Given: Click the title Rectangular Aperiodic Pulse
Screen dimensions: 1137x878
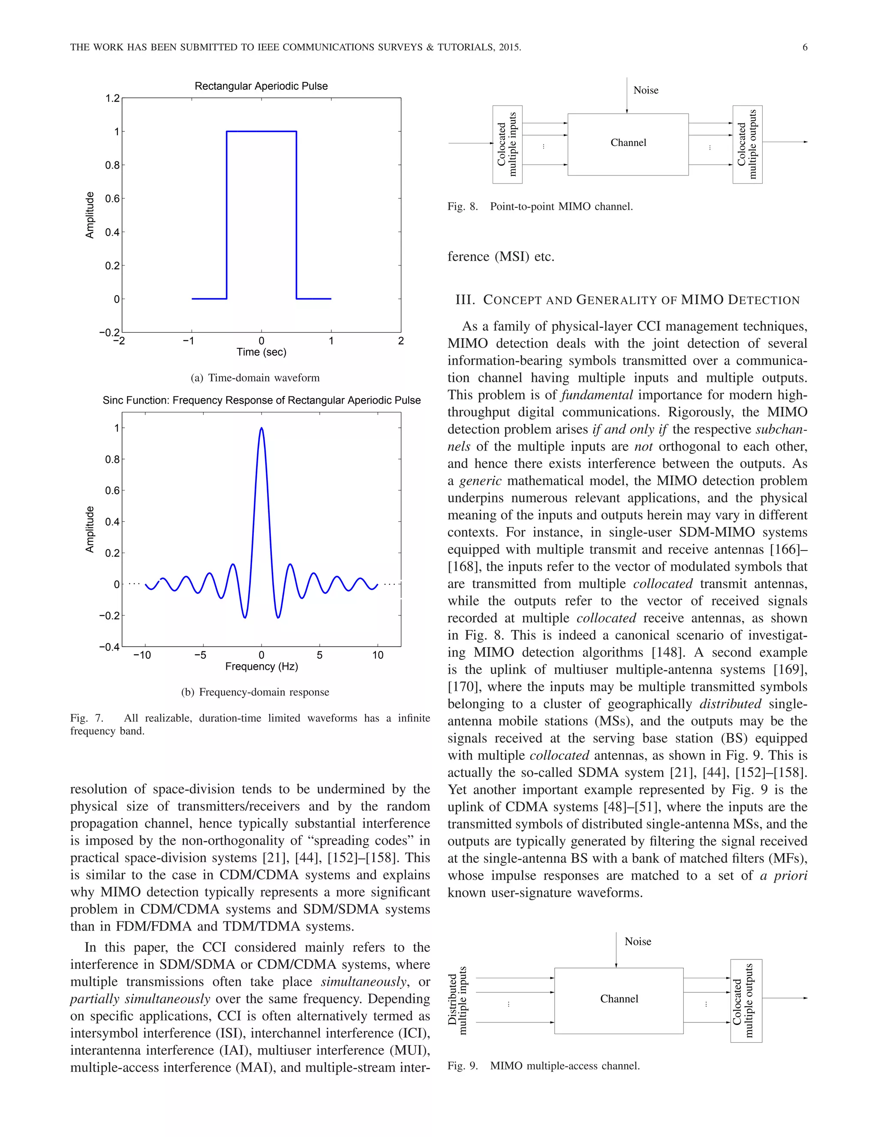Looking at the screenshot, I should pos(261,86).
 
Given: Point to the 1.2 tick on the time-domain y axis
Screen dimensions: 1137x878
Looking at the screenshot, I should pos(112,98).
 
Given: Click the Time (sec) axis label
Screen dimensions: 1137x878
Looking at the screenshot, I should pos(261,352).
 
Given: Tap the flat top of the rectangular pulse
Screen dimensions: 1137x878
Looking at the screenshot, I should pos(261,131).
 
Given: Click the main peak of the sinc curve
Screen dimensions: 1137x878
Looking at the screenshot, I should pos(261,429).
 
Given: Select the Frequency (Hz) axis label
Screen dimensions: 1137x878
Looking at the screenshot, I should pos(261,666).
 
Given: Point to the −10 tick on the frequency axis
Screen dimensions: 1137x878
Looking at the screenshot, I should pos(142,655).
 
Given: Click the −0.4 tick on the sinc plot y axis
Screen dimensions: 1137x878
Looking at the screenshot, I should pos(110,647).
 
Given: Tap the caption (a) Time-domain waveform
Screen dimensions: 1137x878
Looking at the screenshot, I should pos(255,378).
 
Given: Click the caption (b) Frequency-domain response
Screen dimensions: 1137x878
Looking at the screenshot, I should pos(255,692).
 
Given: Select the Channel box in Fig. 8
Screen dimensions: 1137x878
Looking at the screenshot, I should pos(628,144).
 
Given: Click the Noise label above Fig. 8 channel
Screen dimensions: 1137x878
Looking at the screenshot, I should pos(646,90).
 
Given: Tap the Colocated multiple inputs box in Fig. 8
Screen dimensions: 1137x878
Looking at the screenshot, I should pos(507,144).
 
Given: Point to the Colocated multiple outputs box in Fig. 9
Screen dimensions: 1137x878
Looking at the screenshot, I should pos(746,1000).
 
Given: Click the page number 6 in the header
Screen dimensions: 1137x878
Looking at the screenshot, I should pos(805,47).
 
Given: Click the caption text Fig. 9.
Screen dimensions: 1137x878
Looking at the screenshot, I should pos(463,1066).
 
